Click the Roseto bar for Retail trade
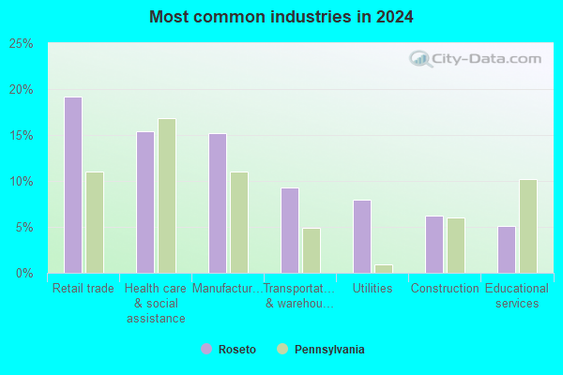tap(73, 186)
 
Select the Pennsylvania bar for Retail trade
tap(95, 223)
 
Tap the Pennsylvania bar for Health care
tap(167, 196)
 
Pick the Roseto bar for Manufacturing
tap(218, 203)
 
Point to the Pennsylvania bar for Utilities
tap(384, 269)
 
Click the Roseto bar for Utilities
tap(362, 237)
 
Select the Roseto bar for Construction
tap(434, 245)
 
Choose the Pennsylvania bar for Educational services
tap(528, 227)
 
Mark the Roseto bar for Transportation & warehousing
tap(290, 231)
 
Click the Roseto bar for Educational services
tap(507, 249)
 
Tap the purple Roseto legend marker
tap(206, 349)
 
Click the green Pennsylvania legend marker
tap(282, 349)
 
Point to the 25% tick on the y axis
tap(21, 44)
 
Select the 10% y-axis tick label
tap(21, 182)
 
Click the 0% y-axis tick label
tap(24, 274)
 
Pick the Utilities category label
tap(373, 288)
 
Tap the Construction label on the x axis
tap(445, 288)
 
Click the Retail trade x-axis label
tap(84, 288)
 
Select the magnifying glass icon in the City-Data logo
tap(420, 59)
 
